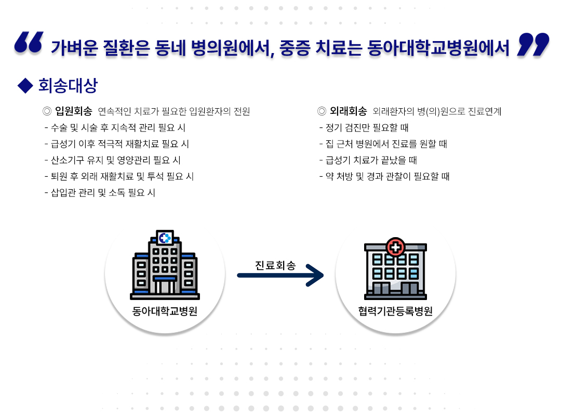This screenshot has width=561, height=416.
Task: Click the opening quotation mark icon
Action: (28, 44)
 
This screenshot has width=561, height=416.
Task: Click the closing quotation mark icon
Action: (533, 44)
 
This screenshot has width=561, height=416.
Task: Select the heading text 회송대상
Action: (68, 86)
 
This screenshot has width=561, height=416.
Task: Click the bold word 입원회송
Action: (74, 111)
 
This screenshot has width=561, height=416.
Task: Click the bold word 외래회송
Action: (349, 111)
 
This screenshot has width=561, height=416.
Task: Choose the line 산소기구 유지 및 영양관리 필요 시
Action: (113, 160)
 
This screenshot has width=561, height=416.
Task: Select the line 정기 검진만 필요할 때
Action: (364, 127)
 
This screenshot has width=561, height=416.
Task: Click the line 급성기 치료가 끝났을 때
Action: (368, 160)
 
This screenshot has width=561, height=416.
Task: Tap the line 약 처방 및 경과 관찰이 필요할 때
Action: (384, 177)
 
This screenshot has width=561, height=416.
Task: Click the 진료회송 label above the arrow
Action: (275, 266)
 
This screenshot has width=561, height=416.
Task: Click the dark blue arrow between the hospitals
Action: (280, 276)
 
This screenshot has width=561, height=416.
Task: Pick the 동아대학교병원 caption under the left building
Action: (165, 311)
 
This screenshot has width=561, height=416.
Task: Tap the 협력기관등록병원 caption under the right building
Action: (395, 311)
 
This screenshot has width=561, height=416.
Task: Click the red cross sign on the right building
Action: (395, 246)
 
